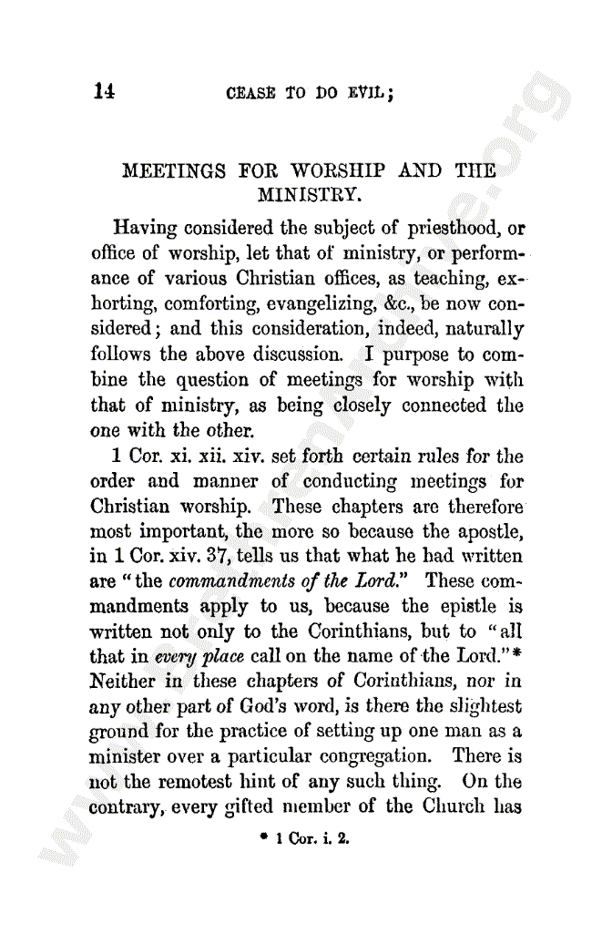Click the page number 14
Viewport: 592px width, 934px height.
[x=103, y=92]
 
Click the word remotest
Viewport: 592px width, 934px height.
[x=199, y=781]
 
